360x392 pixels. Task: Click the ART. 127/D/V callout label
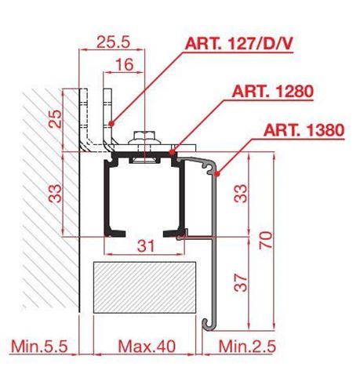(238, 43)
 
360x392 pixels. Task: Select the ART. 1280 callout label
(272, 92)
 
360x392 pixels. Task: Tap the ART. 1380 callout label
(304, 130)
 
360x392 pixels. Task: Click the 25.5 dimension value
(113, 42)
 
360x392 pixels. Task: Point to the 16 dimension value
(125, 64)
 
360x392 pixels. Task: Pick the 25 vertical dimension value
(55, 119)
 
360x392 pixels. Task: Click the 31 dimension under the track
(146, 246)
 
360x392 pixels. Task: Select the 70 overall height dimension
(266, 240)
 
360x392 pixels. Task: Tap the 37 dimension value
(241, 282)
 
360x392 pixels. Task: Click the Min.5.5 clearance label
(39, 347)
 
